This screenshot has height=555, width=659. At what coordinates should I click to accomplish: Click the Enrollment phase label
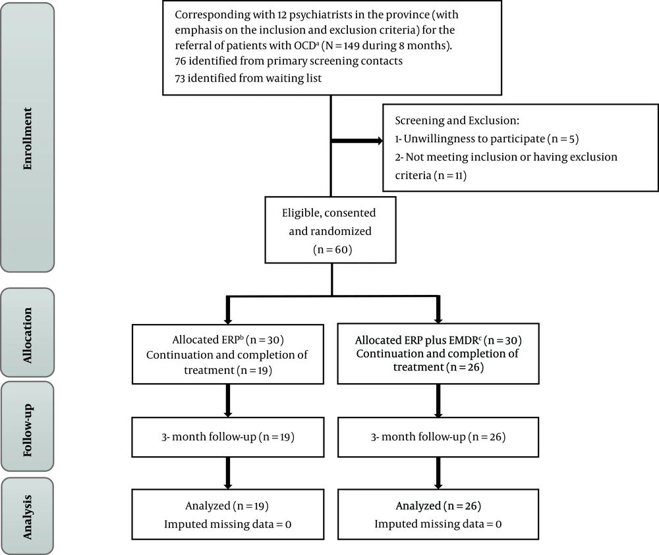(27, 138)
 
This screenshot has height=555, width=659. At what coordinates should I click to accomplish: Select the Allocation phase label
(27, 335)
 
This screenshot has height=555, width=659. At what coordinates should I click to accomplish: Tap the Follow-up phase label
(27, 430)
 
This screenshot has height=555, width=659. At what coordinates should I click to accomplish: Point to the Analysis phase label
(27, 517)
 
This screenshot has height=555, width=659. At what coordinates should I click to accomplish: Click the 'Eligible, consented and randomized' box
(330, 230)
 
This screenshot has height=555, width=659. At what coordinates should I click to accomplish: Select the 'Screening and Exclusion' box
(521, 147)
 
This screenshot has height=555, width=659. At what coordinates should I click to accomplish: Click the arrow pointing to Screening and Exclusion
(357, 141)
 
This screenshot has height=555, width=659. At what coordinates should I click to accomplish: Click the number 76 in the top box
(181, 61)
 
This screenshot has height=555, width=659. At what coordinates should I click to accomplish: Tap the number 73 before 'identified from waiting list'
(180, 78)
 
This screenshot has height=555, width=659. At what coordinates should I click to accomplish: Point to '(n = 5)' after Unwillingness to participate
(563, 139)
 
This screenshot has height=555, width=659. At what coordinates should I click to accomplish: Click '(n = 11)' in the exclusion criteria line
(450, 176)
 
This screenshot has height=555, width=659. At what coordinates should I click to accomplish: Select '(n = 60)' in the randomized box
(332, 250)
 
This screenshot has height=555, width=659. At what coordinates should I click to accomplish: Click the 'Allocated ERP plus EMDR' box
(438, 354)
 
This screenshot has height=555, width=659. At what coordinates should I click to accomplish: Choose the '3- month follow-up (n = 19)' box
(228, 437)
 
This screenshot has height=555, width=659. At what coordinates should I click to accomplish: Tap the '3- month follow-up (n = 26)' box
(438, 437)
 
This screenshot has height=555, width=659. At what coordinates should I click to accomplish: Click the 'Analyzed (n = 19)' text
(227, 506)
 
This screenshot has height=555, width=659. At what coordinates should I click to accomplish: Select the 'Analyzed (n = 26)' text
(438, 506)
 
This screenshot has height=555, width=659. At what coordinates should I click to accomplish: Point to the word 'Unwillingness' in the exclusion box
(436, 139)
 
